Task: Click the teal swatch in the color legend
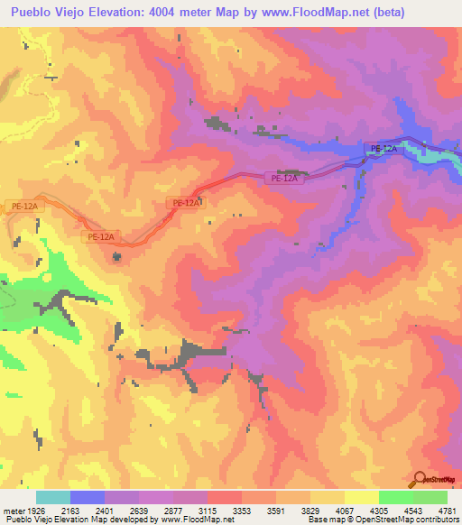(53, 497)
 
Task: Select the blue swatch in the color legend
(88, 497)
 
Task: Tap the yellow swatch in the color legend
(361, 497)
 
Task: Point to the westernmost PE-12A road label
(23, 207)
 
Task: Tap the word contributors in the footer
(436, 520)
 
